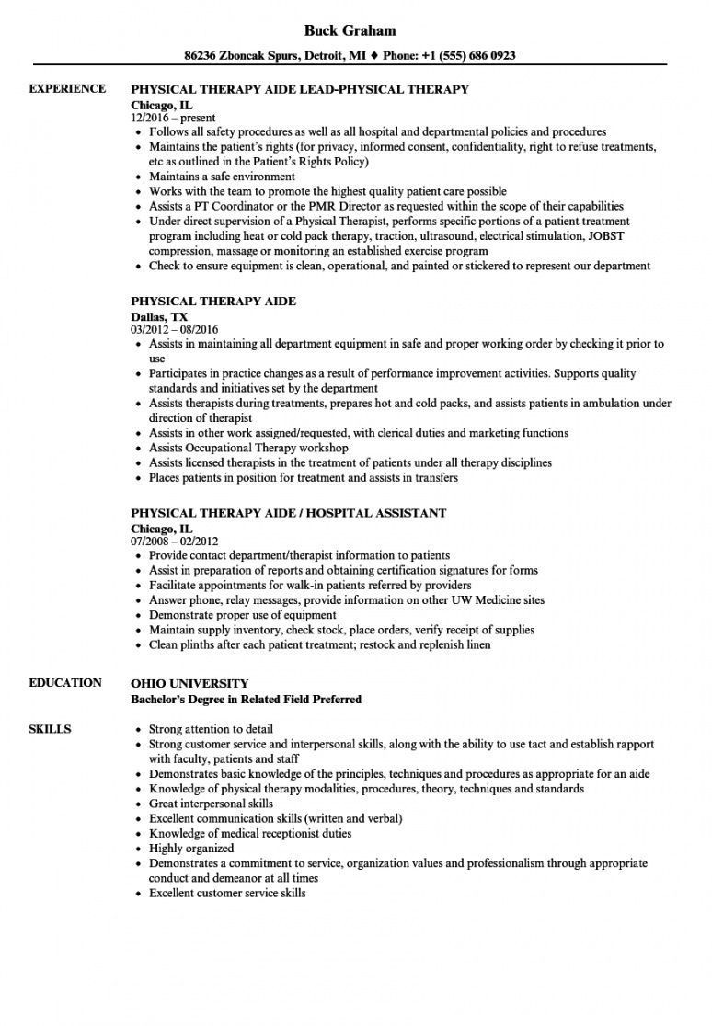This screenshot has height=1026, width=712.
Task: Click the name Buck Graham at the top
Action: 355,30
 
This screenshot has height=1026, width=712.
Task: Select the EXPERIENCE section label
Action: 67,89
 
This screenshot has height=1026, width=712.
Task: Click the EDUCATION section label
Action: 65,682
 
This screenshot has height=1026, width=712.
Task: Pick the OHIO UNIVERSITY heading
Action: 190,683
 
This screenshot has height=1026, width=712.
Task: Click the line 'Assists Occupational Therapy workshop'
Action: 247,448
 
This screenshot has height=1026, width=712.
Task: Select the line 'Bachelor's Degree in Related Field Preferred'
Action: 247,699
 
